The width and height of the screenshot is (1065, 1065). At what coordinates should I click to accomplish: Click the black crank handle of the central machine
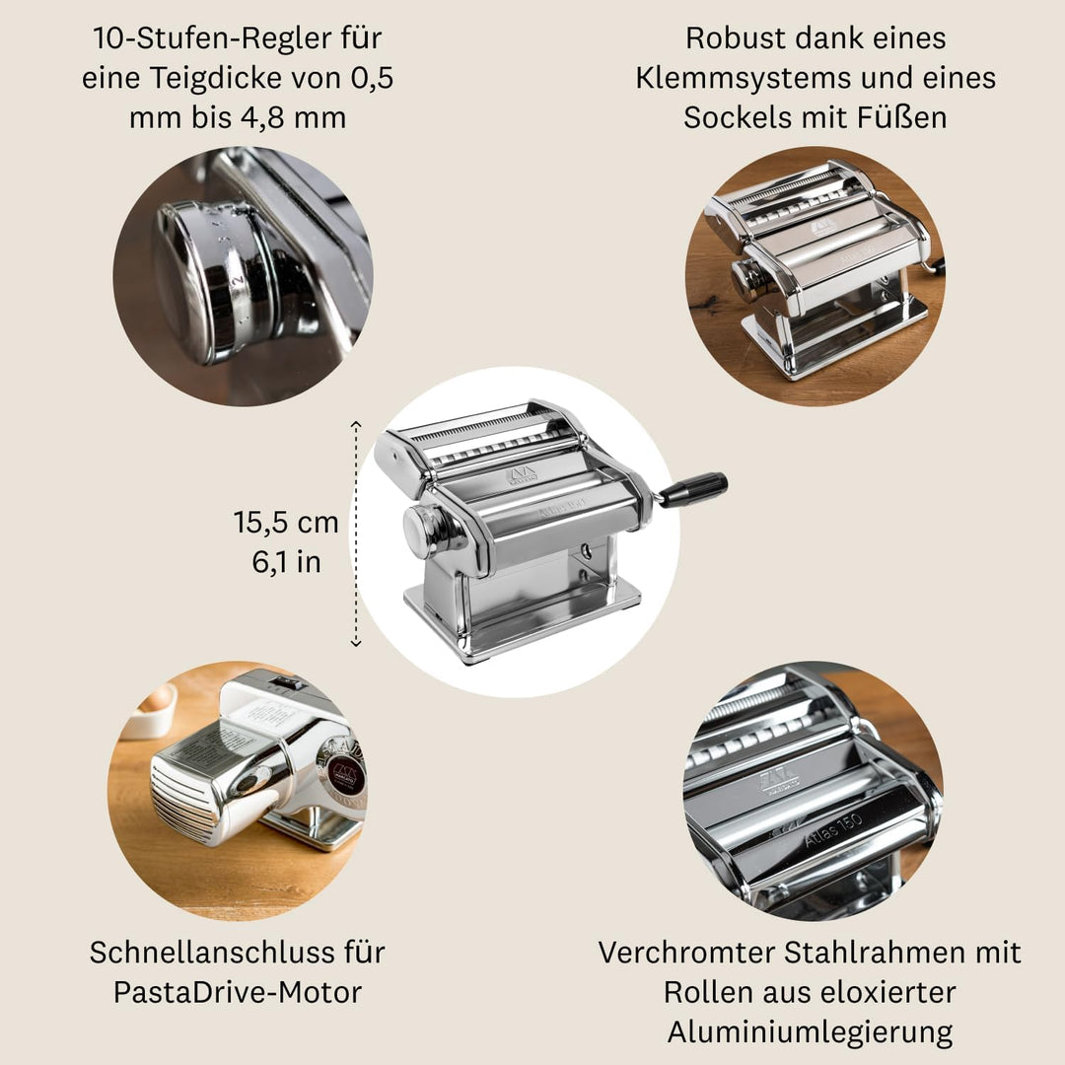693,490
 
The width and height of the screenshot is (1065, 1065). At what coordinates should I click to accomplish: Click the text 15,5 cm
286,523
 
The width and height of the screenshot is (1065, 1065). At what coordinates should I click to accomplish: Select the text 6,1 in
286,562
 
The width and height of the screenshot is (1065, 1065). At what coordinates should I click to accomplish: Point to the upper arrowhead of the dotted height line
356,424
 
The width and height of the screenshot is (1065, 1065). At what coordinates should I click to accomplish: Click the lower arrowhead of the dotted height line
356,642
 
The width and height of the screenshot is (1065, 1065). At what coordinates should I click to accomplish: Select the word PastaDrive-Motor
238,992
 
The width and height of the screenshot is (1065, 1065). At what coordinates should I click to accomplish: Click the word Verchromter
686,953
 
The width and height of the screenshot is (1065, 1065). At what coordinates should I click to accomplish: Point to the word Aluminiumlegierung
811,1032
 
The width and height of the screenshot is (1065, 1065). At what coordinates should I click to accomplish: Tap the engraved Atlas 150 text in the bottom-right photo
832,829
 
